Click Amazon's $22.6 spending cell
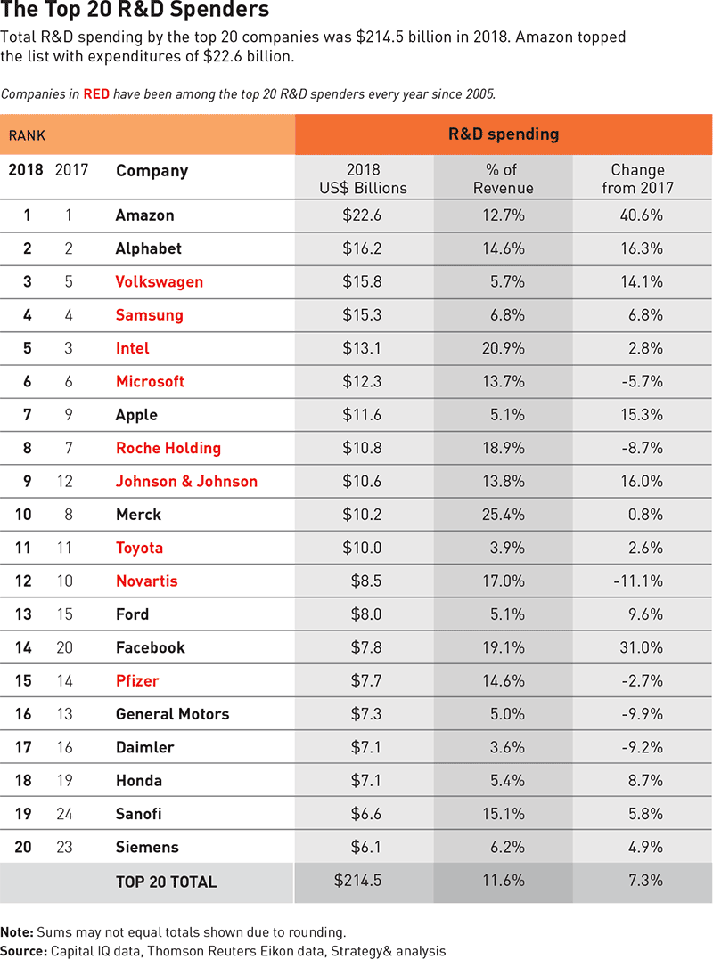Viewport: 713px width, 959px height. (362, 215)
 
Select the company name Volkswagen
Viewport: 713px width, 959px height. (160, 281)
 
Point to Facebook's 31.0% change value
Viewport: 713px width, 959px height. (642, 647)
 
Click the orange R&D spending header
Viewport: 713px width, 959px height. (504, 134)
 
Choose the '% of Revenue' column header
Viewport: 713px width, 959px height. (504, 178)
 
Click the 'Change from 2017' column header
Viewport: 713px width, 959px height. (638, 178)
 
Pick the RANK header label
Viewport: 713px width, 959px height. (27, 135)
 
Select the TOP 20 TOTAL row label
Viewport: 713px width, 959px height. (166, 882)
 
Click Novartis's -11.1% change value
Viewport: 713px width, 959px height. (638, 581)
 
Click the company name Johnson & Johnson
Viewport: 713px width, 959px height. (186, 481)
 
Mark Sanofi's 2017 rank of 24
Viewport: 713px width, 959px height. (64, 814)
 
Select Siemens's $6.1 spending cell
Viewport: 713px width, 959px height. (366, 847)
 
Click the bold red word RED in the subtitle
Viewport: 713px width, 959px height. (96, 93)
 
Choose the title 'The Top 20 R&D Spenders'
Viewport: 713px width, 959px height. (135, 12)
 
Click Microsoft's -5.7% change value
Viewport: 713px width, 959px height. (642, 381)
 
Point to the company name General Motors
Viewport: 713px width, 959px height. (172, 714)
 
